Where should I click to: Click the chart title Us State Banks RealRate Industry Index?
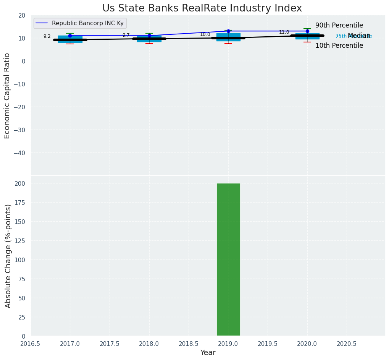point(202,8)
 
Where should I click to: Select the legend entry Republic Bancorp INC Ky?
point(87,23)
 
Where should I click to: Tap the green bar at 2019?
point(228,259)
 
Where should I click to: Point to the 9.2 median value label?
point(47,36)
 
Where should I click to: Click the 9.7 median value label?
point(126,35)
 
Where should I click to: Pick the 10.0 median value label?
point(205,34)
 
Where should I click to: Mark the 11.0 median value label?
point(284,32)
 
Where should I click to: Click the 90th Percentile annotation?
point(339,26)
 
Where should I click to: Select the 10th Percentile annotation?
point(339,45)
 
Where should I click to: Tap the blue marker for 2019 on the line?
point(228,31)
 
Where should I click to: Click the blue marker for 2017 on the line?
point(70,36)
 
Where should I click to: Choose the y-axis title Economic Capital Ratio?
point(7,96)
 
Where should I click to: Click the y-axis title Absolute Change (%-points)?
point(8,256)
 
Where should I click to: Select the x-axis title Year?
point(208,353)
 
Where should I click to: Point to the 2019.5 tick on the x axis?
point(268,344)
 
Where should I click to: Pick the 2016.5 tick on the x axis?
point(31,344)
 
